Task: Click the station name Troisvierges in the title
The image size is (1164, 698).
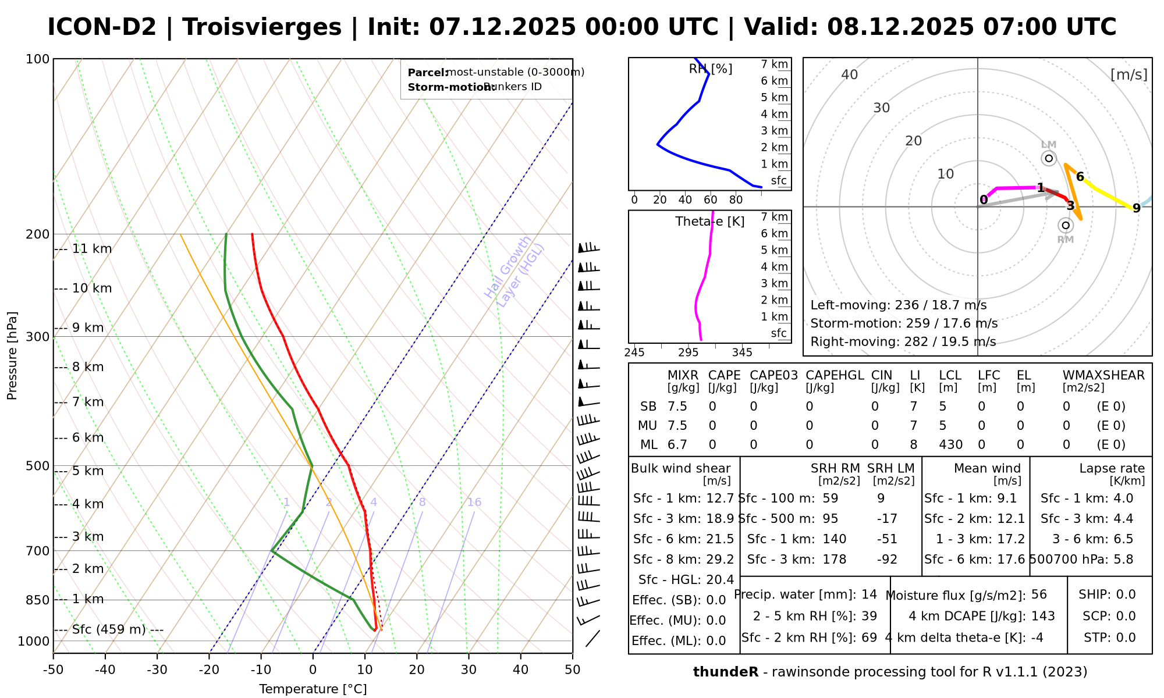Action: pyautogui.click(x=262, y=27)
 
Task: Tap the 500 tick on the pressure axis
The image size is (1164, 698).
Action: pyautogui.click(x=38, y=466)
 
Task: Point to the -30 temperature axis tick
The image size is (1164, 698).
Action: pyautogui.click(x=157, y=669)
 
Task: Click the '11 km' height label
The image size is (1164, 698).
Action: pyautogui.click(x=92, y=249)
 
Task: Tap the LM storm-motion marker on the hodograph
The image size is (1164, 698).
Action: pyautogui.click(x=1049, y=158)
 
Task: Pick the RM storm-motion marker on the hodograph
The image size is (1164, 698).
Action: pyautogui.click(x=1066, y=225)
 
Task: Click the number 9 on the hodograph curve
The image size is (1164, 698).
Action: pyautogui.click(x=1136, y=208)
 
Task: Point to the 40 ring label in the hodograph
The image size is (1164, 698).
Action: pyautogui.click(x=850, y=74)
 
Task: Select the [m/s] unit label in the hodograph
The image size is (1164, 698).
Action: pyautogui.click(x=1128, y=74)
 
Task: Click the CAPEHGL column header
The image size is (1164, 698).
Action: pyautogui.click(x=835, y=375)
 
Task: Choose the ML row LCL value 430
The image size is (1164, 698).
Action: pyautogui.click(x=950, y=445)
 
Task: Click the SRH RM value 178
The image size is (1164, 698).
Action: pyautogui.click(x=834, y=560)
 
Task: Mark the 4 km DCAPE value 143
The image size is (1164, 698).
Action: pyautogui.click(x=1043, y=616)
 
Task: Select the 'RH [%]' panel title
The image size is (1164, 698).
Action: pyautogui.click(x=711, y=69)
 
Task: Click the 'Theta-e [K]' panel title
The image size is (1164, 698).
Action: pyautogui.click(x=710, y=222)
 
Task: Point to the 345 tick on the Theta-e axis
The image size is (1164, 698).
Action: pyautogui.click(x=742, y=352)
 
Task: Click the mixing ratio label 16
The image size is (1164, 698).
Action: pyautogui.click(x=474, y=502)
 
